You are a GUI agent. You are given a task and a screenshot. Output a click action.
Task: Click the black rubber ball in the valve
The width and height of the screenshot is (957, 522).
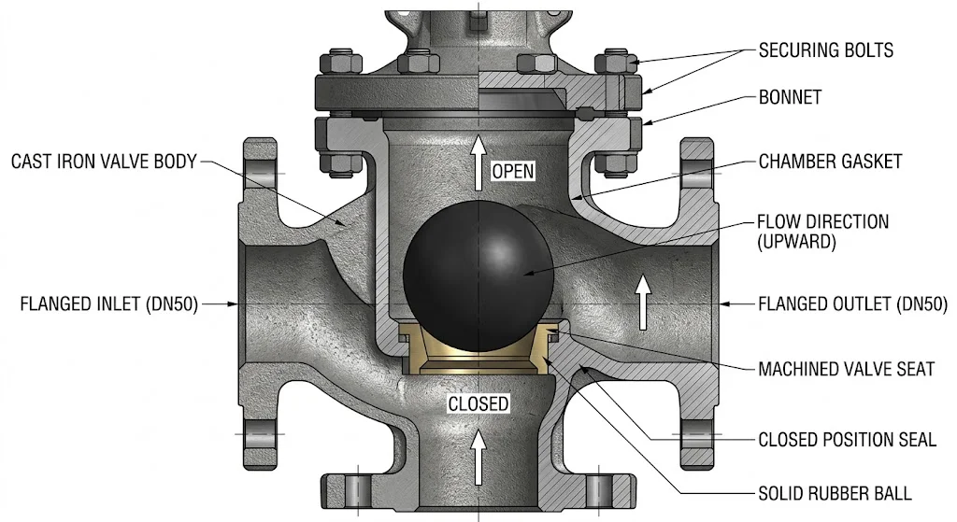pyautogui.click(x=478, y=276)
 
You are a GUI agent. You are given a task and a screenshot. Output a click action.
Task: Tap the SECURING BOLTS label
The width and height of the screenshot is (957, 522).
pyautogui.click(x=826, y=50)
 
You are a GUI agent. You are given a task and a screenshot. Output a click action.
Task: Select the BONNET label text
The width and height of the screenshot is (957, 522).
pyautogui.click(x=790, y=97)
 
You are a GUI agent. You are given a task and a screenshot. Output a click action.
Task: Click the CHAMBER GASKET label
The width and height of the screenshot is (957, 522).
pyautogui.click(x=830, y=162)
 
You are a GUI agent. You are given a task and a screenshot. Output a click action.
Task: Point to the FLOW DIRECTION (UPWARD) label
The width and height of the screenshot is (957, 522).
pyautogui.click(x=822, y=232)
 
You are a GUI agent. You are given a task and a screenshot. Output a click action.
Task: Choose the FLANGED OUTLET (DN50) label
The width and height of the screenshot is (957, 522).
pyautogui.click(x=852, y=303)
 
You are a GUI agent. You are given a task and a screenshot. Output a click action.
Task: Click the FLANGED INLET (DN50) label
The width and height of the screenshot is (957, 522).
pyautogui.click(x=108, y=303)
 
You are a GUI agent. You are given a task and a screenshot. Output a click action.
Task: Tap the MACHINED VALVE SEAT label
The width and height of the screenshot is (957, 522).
pyautogui.click(x=846, y=369)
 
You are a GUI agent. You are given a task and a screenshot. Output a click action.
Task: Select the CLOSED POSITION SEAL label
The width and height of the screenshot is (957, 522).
pyautogui.click(x=847, y=440)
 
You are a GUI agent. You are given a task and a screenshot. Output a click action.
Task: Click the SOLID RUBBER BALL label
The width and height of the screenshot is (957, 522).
pyautogui.click(x=835, y=493)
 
